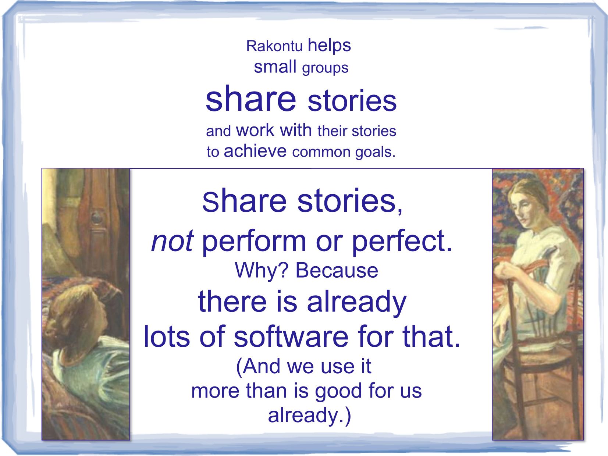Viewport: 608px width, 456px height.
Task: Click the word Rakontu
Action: click(274, 46)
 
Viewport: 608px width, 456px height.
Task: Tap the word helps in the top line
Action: click(329, 46)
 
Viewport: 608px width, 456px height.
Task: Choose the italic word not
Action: click(172, 242)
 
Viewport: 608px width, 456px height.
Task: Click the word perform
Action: click(254, 243)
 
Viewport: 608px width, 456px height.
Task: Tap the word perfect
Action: click(402, 243)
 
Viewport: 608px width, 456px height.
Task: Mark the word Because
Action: click(337, 271)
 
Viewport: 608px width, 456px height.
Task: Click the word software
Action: click(291, 337)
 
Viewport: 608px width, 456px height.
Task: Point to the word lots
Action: click(167, 337)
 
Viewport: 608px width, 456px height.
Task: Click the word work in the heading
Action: click(255, 130)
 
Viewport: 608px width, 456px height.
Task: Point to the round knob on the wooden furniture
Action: click(96, 218)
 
